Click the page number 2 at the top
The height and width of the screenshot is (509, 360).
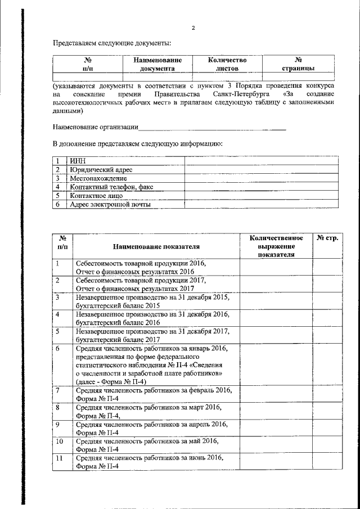click(193, 28)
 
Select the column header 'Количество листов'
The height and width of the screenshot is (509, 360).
click(227, 64)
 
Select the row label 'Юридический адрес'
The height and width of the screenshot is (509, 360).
click(101, 169)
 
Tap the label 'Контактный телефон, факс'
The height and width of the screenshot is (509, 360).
click(111, 187)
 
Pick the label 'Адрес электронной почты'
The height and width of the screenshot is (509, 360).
click(110, 204)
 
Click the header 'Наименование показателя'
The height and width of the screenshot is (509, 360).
click(156, 246)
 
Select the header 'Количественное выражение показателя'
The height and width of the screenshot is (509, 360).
click(276, 246)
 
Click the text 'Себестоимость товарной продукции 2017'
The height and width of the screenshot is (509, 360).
click(141, 280)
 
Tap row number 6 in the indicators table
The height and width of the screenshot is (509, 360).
click(57, 349)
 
